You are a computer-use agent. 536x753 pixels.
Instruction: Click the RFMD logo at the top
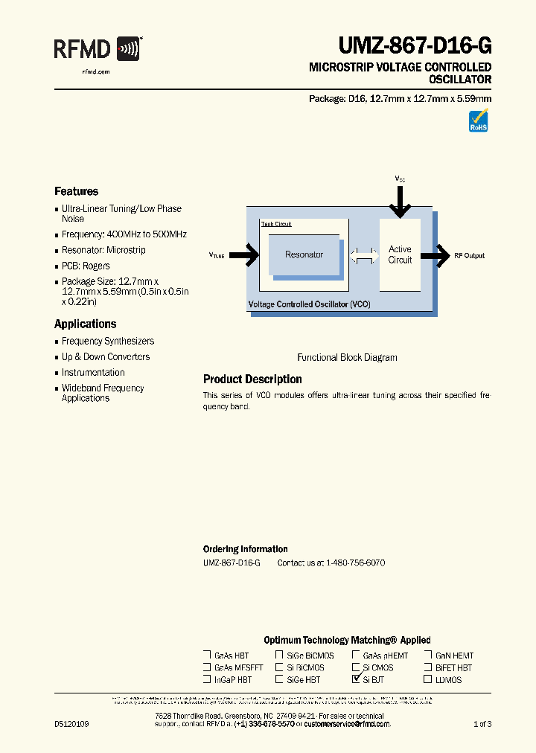click(x=98, y=50)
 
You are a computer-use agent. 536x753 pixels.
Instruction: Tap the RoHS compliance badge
click(x=478, y=121)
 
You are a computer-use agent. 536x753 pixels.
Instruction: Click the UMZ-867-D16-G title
click(x=415, y=47)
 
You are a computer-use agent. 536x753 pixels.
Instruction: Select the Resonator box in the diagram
click(x=304, y=255)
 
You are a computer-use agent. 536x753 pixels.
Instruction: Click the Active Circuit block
click(x=400, y=254)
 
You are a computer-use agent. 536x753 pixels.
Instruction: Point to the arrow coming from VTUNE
click(x=246, y=255)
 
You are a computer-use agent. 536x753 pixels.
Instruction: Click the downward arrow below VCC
click(x=400, y=201)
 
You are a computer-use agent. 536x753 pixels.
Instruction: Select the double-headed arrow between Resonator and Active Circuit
click(x=364, y=255)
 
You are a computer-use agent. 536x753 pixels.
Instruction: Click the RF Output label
click(x=469, y=256)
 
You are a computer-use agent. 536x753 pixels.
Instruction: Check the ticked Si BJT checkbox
click(x=356, y=679)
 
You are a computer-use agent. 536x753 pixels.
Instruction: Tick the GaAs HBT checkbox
click(x=207, y=656)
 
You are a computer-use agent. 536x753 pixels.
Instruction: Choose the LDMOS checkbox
click(x=428, y=679)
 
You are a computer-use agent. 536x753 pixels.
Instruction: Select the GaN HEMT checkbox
click(x=428, y=656)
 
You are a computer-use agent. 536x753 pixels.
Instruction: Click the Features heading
click(x=76, y=191)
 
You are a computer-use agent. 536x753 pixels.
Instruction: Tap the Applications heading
click(x=86, y=324)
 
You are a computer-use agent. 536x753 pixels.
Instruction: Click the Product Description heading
click(x=252, y=379)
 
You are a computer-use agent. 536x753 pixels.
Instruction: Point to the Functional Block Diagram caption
click(x=347, y=358)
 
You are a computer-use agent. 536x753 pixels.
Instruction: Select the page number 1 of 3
click(x=482, y=724)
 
